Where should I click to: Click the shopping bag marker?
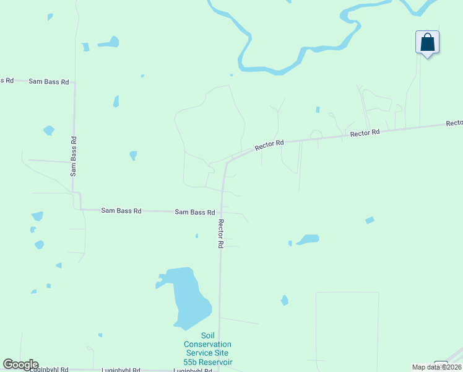coord(427,43)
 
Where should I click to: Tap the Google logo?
coord(20,365)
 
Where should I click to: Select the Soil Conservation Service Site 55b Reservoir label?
coord(207,353)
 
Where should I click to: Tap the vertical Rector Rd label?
coord(220,234)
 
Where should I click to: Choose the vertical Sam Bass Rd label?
coord(74,156)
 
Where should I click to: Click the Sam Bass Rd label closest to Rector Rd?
coord(194,212)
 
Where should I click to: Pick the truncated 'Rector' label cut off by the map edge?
coord(454,123)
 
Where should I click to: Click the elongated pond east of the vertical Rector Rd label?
coord(308,239)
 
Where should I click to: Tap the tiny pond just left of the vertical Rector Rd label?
coord(197,236)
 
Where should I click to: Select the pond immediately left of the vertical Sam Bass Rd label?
coord(49,130)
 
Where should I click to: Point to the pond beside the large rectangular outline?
coord(285,301)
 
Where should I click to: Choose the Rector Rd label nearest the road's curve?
coord(269,146)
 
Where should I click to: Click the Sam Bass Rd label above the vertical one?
coord(48,82)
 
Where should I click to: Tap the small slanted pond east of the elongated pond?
coord(370,220)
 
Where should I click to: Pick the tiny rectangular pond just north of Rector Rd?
coord(318,110)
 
